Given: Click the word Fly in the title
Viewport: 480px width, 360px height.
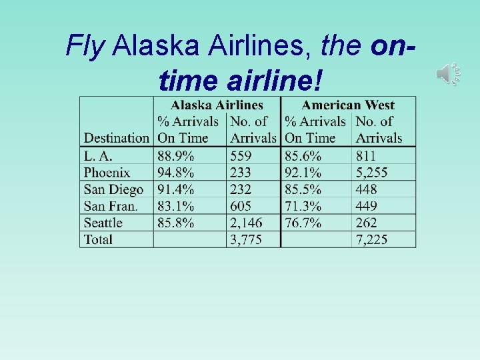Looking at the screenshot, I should coord(85,45).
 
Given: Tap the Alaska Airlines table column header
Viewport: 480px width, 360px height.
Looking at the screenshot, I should coord(217,105).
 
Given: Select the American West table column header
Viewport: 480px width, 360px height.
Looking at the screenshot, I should coord(348,105).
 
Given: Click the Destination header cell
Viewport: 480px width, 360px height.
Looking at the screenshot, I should coord(116,138).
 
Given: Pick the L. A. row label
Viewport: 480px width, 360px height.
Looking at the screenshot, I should coord(98,156).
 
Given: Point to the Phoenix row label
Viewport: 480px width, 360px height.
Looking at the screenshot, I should coord(107,173).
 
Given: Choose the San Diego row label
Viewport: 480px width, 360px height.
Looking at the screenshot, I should coord(113,189).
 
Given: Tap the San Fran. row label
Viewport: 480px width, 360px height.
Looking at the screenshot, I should coord(111,206).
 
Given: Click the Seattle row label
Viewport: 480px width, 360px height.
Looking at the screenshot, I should coord(103,223).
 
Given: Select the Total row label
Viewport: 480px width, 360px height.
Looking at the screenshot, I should coord(98,239).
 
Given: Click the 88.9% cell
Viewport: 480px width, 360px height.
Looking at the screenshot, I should coord(176,156).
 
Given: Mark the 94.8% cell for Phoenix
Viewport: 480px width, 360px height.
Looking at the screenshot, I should coord(176,173).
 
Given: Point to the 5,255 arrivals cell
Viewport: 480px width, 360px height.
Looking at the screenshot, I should coord(372,173).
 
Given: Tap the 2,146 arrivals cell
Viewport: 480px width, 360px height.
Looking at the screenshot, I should coord(246,223).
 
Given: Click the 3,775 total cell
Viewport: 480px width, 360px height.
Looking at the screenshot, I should coord(246,239).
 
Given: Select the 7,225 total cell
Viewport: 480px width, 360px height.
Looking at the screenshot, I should coord(372,239).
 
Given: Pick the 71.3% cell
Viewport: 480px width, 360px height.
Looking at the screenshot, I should coord(303,206).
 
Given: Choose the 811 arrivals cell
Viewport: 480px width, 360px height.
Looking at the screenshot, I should coord(366,156).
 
